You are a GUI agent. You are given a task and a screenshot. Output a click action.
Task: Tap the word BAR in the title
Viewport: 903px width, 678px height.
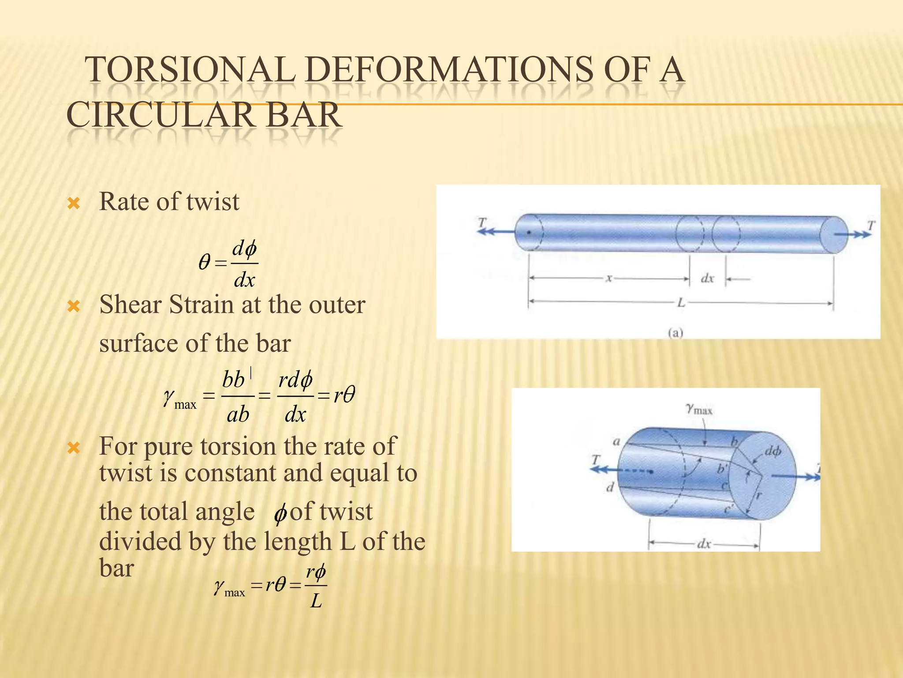(x=303, y=115)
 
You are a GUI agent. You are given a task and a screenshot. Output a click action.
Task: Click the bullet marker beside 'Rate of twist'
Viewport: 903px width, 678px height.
(x=74, y=203)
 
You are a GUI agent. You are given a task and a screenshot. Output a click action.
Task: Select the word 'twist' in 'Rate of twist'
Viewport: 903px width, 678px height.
(x=213, y=202)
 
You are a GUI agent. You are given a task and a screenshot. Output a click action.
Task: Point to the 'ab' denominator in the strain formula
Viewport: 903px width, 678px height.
(x=238, y=414)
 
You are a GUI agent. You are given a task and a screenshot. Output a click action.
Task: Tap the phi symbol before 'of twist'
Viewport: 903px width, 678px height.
(x=280, y=514)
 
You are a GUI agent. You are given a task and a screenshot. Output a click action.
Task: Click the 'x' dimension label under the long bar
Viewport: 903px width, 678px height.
(x=609, y=278)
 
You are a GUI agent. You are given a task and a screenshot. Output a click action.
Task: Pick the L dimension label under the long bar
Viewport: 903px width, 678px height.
(x=681, y=303)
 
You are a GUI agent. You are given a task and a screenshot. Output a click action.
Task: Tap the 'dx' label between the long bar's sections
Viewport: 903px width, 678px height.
(x=707, y=279)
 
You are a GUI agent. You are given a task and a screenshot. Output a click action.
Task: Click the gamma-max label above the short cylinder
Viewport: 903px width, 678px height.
(x=699, y=409)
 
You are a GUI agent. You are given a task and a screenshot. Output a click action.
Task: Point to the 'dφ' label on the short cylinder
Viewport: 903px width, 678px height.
(x=772, y=451)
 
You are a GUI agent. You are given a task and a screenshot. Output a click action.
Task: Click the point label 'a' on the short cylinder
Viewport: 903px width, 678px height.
(x=616, y=441)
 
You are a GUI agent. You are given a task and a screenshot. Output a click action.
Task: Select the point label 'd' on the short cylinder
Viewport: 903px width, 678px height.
(x=610, y=487)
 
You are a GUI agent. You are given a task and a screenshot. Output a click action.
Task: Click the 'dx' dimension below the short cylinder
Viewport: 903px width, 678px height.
(x=704, y=544)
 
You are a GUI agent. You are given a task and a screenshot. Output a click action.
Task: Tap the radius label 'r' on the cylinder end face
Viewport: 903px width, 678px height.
(x=758, y=495)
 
